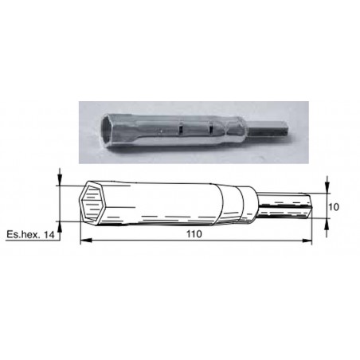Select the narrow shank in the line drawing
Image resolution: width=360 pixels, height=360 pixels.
(288, 205)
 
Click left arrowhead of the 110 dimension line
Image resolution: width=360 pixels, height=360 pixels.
(83, 241)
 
